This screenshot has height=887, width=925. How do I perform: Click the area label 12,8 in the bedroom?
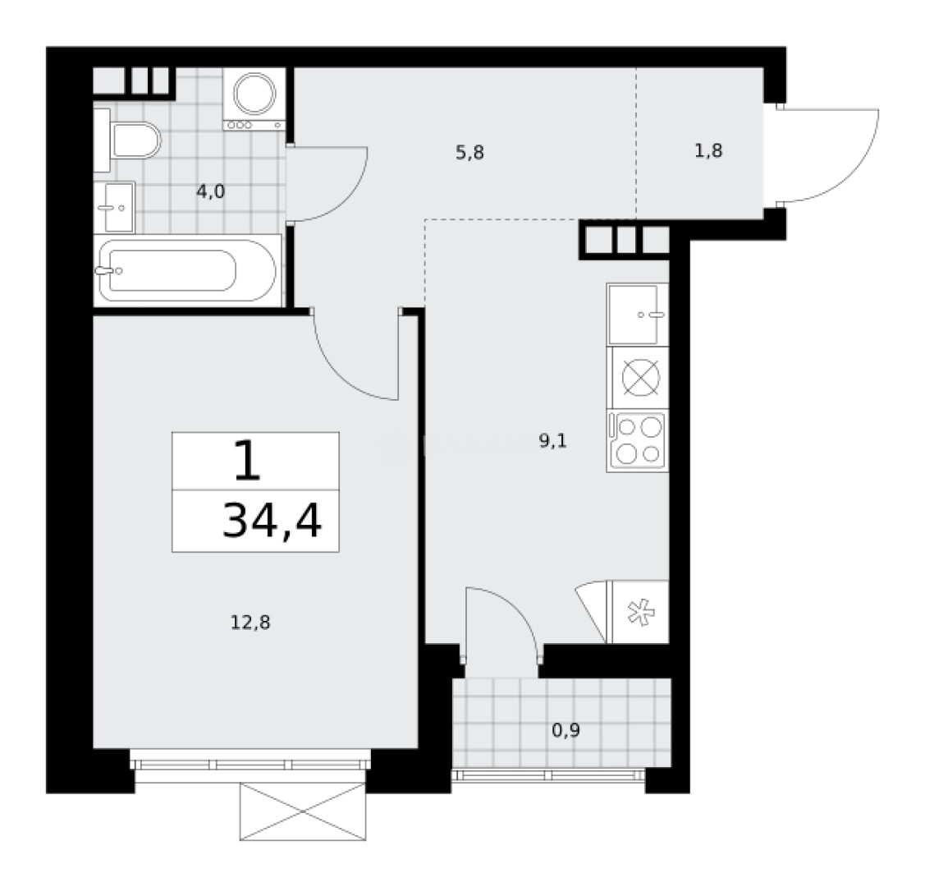250,623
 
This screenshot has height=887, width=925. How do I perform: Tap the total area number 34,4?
272,520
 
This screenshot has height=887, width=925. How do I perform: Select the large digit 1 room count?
247,462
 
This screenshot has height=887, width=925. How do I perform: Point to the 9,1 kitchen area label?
552,442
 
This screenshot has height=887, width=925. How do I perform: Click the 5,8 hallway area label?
469,153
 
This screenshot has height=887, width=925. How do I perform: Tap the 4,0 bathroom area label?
209,192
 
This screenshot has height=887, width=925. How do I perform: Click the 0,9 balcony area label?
566,730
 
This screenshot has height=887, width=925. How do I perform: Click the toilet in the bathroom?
133,140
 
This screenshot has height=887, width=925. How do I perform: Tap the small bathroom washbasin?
114,207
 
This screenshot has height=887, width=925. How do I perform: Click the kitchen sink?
637,315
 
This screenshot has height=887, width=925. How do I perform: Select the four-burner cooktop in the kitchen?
637,441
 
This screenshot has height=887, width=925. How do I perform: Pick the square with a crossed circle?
637,379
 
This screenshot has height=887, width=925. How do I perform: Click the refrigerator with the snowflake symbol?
638,613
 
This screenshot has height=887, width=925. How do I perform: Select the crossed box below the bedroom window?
302,812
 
